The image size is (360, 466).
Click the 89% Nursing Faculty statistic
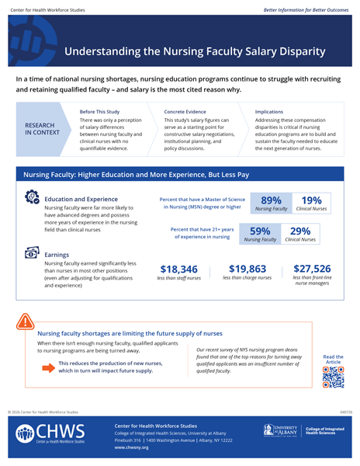(x=271, y=203)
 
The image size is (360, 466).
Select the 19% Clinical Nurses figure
(x=310, y=203)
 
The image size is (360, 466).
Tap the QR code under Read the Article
(x=333, y=376)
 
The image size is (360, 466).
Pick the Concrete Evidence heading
(x=185, y=112)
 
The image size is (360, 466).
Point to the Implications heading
(x=268, y=112)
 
